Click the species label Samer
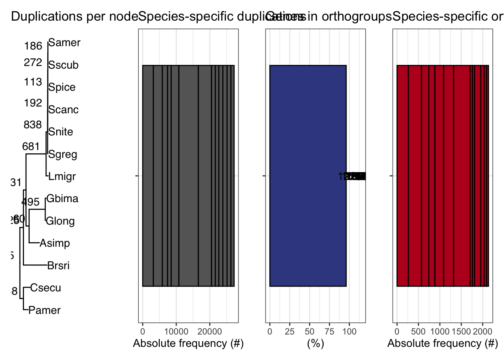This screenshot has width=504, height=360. (64, 43)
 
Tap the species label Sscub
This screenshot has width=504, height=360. (63, 65)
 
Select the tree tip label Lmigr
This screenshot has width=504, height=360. (62, 176)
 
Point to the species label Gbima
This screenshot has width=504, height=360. (62, 198)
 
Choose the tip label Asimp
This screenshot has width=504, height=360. (55, 243)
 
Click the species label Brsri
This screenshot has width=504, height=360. (58, 266)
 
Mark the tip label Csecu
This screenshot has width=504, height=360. (45, 288)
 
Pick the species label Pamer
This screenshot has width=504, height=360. (44, 310)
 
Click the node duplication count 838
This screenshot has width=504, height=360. (33, 124)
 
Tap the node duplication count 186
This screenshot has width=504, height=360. (33, 46)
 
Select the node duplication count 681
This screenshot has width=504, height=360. (31, 147)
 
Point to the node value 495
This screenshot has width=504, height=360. (30, 202)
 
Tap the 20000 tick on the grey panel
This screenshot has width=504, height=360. (210, 331)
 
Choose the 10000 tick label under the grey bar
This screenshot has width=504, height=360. (176, 331)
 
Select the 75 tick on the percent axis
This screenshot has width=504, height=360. (329, 331)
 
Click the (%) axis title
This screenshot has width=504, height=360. (315, 343)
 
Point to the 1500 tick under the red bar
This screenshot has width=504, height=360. (461, 331)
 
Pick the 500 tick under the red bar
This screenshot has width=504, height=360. (418, 331)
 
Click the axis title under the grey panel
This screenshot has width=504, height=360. (188, 343)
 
